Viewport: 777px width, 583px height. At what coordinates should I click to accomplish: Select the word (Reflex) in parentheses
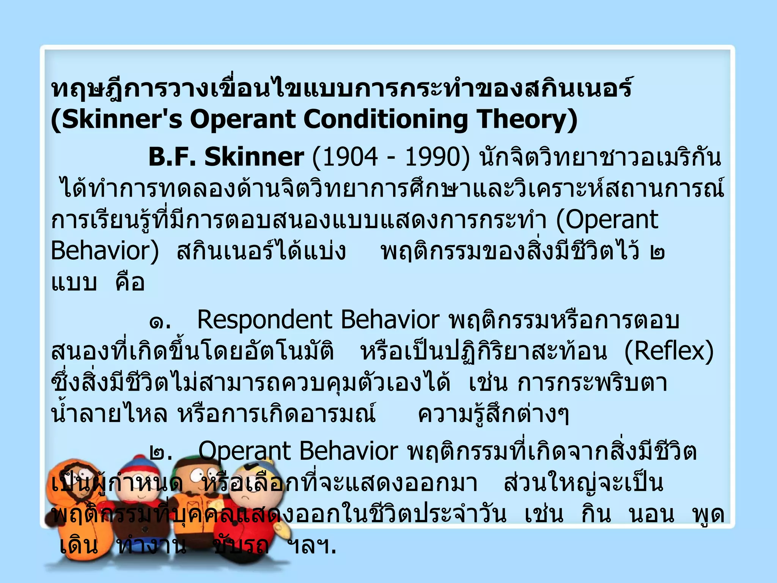pos(669,351)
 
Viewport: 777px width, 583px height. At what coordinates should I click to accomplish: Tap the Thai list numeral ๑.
pos(160,321)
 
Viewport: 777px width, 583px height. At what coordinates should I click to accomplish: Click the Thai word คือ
pos(130,283)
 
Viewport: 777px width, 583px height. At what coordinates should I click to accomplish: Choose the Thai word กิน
pos(596,515)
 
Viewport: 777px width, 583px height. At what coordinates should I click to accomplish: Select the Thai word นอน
pos(651,515)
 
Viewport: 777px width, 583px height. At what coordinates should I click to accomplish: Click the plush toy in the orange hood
pos(76,505)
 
